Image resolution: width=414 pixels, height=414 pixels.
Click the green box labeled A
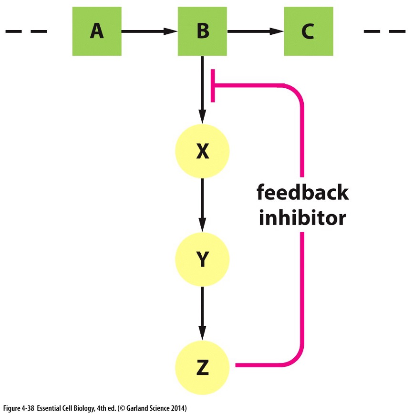[97, 32]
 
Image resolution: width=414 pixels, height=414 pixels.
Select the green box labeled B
[202, 32]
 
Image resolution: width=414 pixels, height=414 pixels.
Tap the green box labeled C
[308, 32]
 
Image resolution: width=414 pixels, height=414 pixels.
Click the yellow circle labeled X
[202, 152]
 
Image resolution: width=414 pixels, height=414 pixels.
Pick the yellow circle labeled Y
[202, 259]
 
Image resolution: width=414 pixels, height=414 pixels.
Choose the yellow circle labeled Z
[202, 367]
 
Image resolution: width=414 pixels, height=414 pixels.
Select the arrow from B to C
[255, 32]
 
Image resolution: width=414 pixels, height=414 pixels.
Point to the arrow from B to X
[202, 91]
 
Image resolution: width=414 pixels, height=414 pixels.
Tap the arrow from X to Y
[202, 205]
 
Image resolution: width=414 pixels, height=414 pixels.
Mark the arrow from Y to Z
[202, 312]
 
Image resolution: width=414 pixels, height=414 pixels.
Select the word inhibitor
[301, 218]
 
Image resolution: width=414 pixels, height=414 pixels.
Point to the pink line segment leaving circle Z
[258, 366]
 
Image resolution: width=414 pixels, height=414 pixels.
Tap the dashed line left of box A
[26, 32]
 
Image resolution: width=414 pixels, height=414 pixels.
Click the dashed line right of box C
[384, 32]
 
